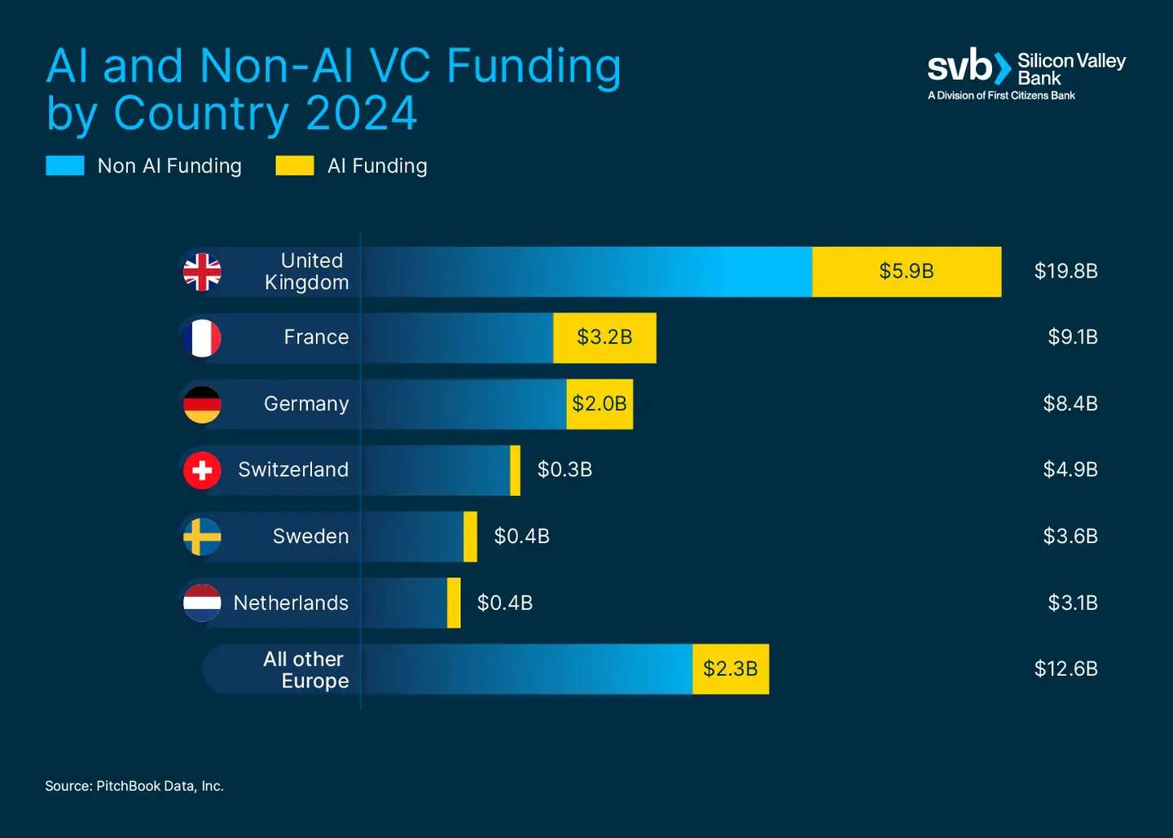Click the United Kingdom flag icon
click(202, 272)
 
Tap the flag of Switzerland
click(202, 470)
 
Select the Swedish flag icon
click(202, 537)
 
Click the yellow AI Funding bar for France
click(604, 338)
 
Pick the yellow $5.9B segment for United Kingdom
click(906, 272)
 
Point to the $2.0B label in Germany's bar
click(600, 404)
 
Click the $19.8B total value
click(1065, 271)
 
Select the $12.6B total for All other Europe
click(1065, 669)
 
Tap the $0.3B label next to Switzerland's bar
click(565, 470)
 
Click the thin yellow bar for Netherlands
click(454, 603)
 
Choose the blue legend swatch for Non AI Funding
click(65, 166)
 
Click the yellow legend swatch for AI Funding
click(294, 166)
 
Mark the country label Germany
click(306, 404)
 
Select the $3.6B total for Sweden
click(1070, 537)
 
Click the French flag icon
click(202, 338)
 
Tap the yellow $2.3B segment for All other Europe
click(731, 669)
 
